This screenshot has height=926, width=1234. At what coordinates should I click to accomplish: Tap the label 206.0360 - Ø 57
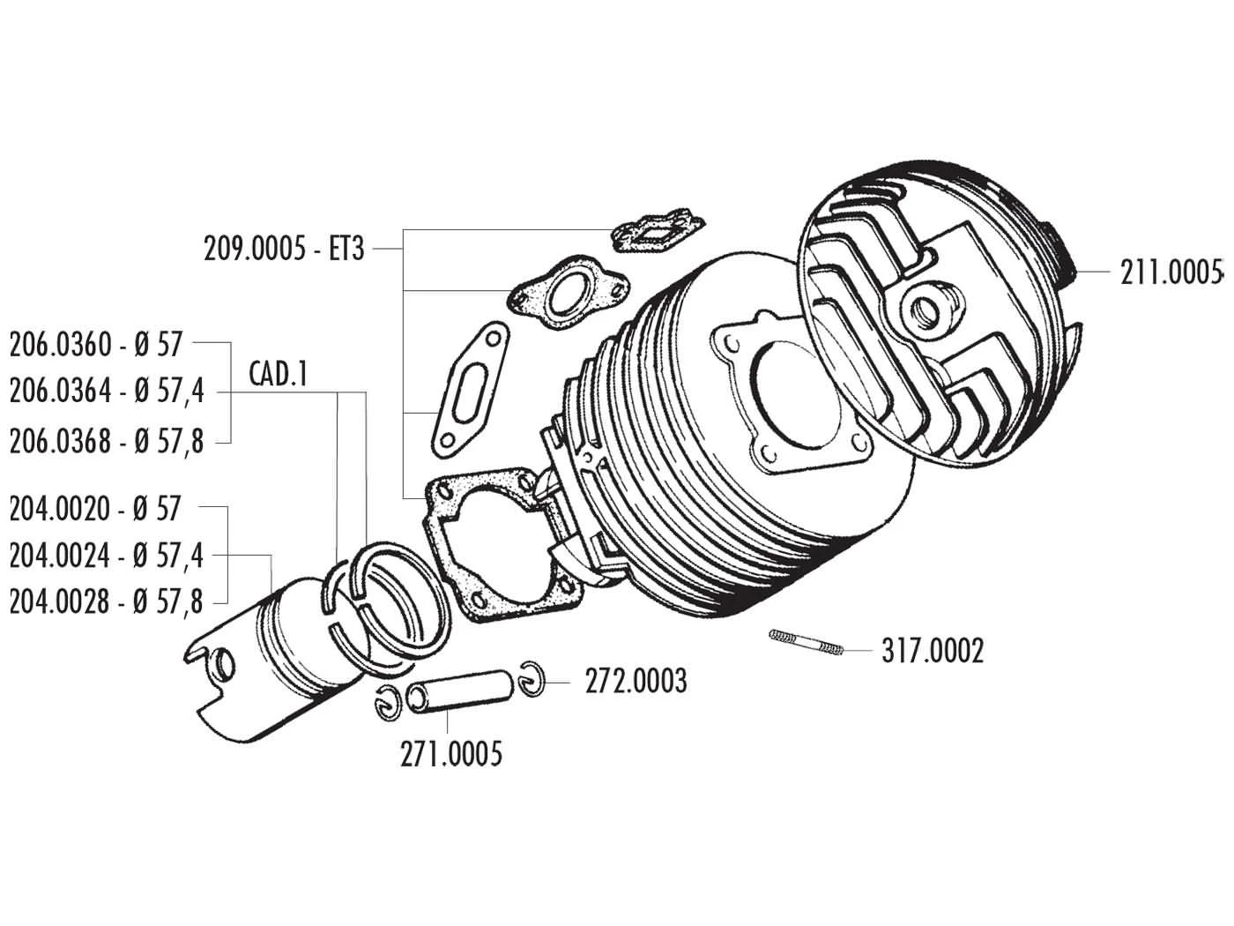coord(95,343)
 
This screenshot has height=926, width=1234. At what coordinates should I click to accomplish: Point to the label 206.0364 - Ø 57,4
coord(107,391)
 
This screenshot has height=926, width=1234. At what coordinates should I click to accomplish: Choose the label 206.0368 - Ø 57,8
coord(107,441)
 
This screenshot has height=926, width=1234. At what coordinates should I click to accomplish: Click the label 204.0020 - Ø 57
coord(94,508)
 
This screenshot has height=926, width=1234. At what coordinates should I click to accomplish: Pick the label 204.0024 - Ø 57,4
coord(107,556)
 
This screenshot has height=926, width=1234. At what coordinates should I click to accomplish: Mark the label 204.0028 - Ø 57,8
coord(107,603)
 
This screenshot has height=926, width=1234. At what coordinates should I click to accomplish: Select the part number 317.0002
coord(932,652)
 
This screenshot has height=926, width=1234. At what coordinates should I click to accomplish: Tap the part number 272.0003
coord(636,681)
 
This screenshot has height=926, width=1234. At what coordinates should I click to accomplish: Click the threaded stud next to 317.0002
coord(807,643)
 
